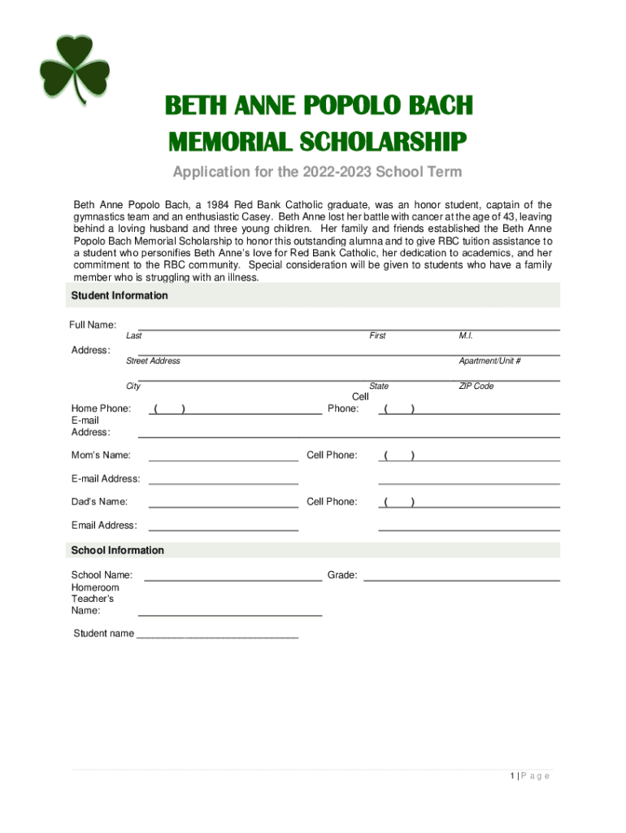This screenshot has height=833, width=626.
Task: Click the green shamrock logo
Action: tap(74, 69)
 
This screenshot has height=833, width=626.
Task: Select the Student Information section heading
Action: tap(120, 295)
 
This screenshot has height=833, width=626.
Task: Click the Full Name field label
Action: tap(92, 325)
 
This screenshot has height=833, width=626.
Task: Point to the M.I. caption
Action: tap(466, 336)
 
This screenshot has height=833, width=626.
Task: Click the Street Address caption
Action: tap(153, 361)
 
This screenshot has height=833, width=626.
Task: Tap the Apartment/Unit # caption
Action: tap(489, 361)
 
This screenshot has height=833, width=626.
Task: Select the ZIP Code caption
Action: tap(476, 386)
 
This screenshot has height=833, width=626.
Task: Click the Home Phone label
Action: tap(101, 408)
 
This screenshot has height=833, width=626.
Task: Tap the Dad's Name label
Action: tap(99, 502)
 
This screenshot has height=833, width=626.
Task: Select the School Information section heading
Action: tap(118, 551)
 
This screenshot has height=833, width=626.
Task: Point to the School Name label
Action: tap(102, 575)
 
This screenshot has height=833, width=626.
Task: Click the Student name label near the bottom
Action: tap(104, 634)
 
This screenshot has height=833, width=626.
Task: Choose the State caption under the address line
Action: tap(379, 386)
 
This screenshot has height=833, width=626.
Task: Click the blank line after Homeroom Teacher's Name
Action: tap(230, 613)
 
